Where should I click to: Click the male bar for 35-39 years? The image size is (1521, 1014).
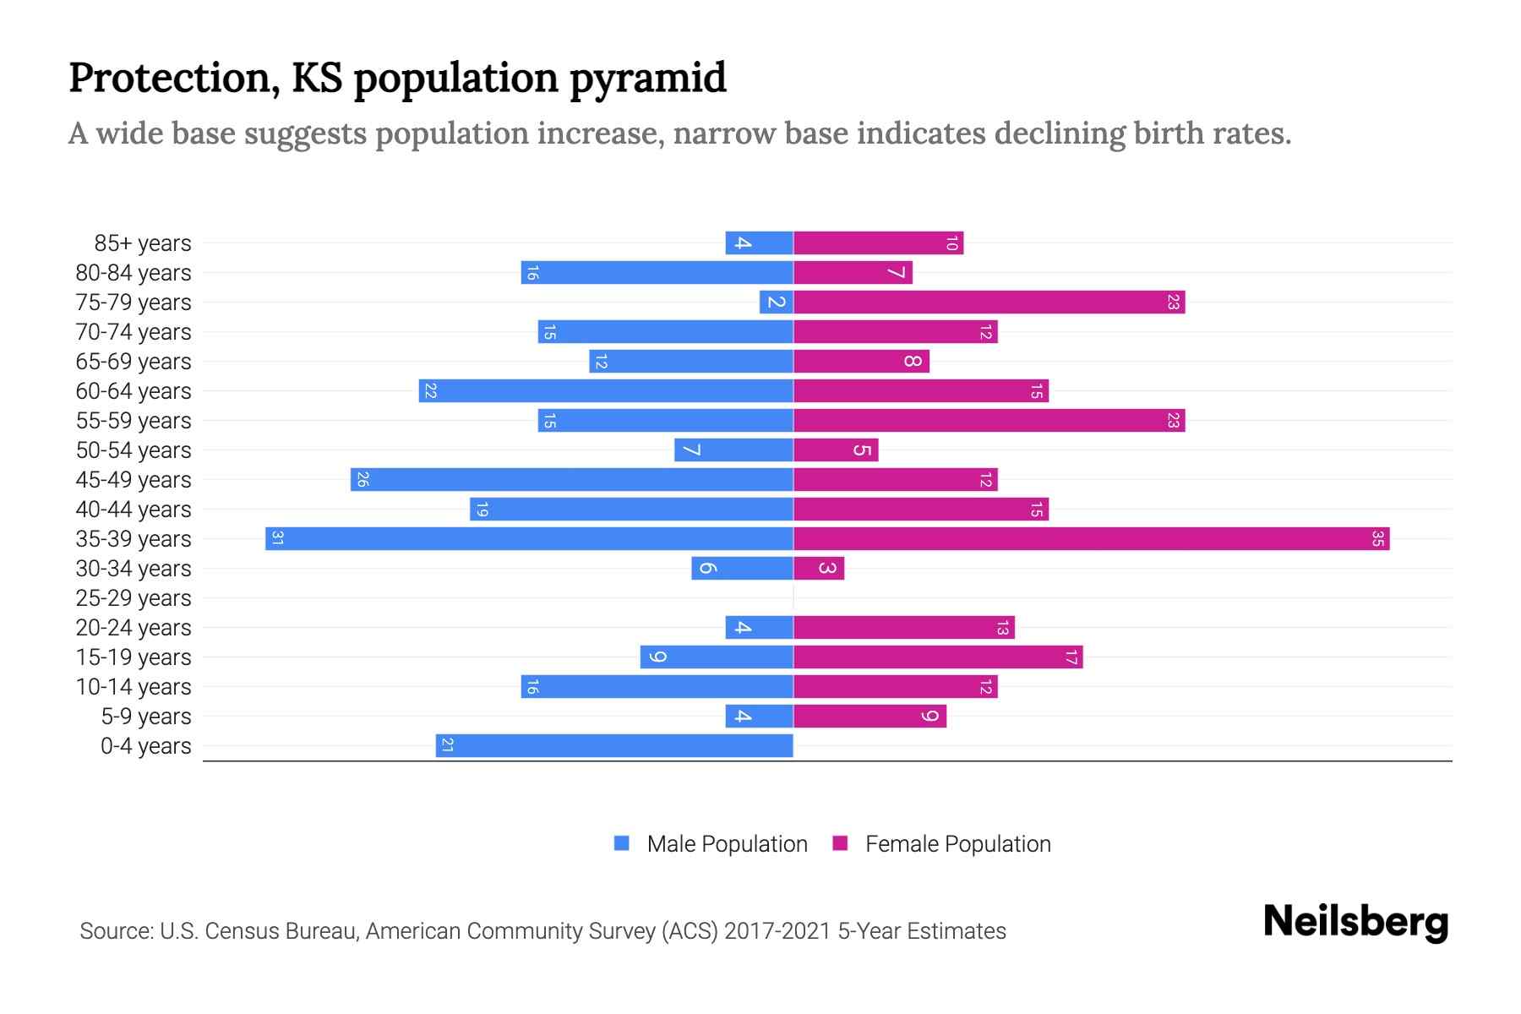529,539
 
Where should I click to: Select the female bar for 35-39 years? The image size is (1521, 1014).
1091,539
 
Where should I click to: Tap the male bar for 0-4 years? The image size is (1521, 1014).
614,746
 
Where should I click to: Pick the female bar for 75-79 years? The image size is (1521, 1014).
989,303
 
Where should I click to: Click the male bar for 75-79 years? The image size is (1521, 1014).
776,303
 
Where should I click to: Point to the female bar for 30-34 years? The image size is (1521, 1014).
819,569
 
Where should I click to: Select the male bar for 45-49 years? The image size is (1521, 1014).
572,480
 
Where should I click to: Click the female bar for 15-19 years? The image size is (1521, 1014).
938,657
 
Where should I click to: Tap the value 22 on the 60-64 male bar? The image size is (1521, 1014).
430,391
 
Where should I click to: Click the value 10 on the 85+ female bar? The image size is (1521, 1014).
951,243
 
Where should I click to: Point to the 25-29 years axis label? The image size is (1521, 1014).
134,598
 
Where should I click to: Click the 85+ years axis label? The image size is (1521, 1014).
143,243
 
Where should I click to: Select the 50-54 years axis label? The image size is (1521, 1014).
134,450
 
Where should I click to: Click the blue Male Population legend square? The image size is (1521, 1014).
622,843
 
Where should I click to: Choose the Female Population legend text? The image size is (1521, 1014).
957,844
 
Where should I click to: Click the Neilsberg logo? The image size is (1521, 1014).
1355,922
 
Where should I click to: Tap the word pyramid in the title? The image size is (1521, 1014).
647,79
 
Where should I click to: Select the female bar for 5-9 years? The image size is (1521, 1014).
870,717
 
